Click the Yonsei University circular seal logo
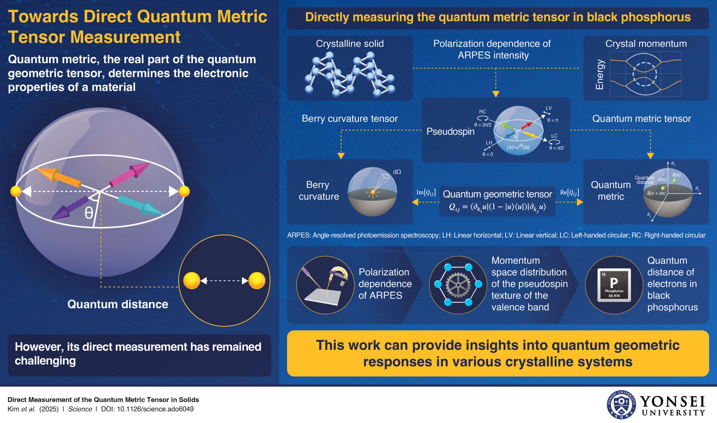pyautogui.click(x=621, y=405)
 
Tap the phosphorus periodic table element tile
pyautogui.click(x=614, y=285)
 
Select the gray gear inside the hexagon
pyautogui.click(x=458, y=285)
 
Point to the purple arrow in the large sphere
pyautogui.click(x=69, y=208)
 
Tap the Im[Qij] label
pyautogui.click(x=426, y=193)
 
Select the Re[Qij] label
pyautogui.click(x=569, y=193)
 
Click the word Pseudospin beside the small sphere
pyautogui.click(x=450, y=131)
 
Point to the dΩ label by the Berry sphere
pyautogui.click(x=397, y=172)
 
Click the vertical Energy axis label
pyautogui.click(x=600, y=74)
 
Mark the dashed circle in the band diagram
pyautogui.click(x=645, y=74)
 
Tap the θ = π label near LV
pyautogui.click(x=553, y=120)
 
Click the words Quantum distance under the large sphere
pyautogui.click(x=118, y=304)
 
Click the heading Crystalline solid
pyautogui.click(x=350, y=44)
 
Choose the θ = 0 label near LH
pyautogui.click(x=487, y=154)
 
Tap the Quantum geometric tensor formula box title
pyautogui.click(x=497, y=194)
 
